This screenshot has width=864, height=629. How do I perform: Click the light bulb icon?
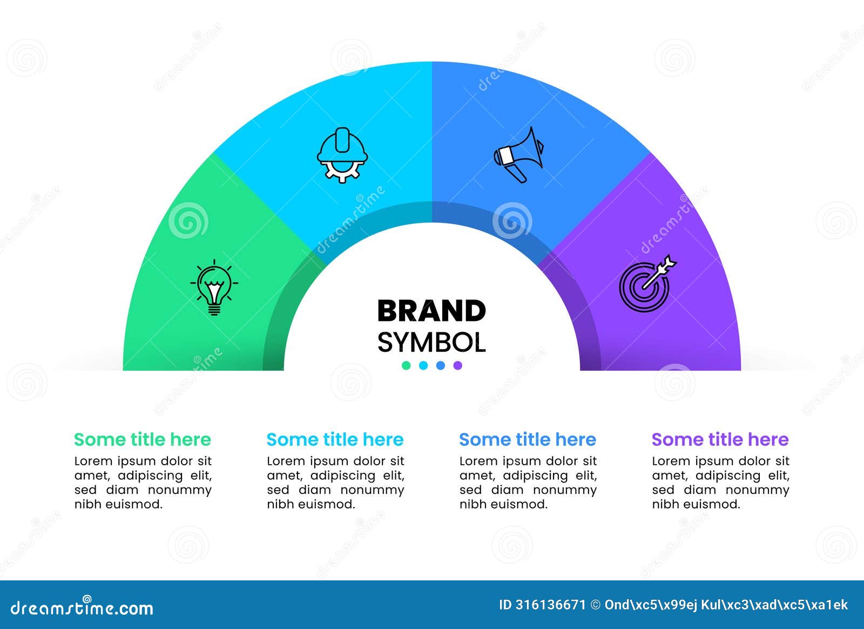pos(214,286)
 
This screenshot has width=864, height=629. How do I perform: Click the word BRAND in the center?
pos(431,311)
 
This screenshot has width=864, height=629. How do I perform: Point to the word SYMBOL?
pos(431,342)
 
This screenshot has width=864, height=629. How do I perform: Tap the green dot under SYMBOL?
pos(406,365)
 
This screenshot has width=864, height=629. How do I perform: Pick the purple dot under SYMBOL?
pos(458,365)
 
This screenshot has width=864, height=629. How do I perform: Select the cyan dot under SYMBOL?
pos(423,365)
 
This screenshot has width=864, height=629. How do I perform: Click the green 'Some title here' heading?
pos(143,439)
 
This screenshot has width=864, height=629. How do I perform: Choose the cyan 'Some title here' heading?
pos(335,439)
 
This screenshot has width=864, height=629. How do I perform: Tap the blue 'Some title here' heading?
pos(528,439)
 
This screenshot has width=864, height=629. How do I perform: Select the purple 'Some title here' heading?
pos(720,439)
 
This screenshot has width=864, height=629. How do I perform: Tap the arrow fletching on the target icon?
pos(670,263)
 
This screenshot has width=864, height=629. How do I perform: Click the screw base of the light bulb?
pos(214,310)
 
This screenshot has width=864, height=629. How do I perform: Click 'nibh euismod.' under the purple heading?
pos(696,504)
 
